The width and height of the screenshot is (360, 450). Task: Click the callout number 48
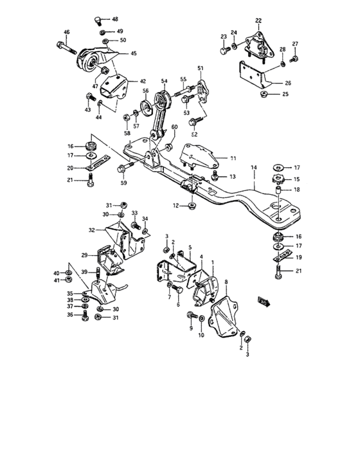115,19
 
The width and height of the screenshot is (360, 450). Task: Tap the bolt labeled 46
67,48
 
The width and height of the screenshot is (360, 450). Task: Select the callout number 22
258,21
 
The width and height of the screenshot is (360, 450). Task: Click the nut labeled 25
264,94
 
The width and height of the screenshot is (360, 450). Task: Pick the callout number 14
254,167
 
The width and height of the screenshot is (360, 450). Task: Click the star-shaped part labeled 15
278,179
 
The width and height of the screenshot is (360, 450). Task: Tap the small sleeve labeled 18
279,190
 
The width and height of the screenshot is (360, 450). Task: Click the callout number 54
164,81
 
